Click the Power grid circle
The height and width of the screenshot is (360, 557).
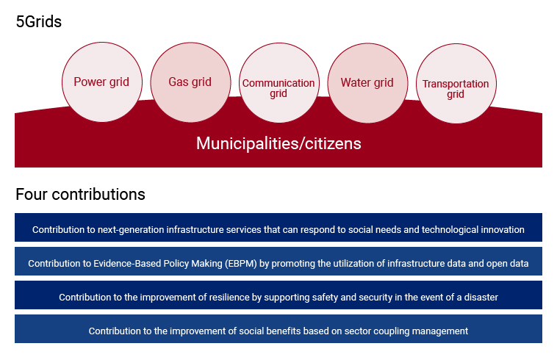(102, 82)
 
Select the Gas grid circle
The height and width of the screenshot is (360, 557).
(190, 82)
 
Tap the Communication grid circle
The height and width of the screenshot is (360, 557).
(278, 83)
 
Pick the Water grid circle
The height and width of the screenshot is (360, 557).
(367, 83)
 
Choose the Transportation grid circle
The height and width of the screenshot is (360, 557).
(456, 84)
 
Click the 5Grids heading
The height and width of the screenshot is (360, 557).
(39, 21)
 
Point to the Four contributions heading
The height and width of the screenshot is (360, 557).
(80, 195)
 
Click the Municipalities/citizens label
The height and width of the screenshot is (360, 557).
(278, 144)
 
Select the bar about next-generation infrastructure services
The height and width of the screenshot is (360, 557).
(278, 227)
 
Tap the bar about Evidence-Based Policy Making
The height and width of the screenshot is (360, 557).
(278, 261)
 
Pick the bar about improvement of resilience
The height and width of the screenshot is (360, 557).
(278, 295)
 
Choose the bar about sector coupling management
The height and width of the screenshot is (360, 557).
(278, 328)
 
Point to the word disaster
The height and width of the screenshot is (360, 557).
(481, 297)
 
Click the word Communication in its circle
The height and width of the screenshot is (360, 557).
(278, 83)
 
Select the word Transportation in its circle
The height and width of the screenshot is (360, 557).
(456, 84)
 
